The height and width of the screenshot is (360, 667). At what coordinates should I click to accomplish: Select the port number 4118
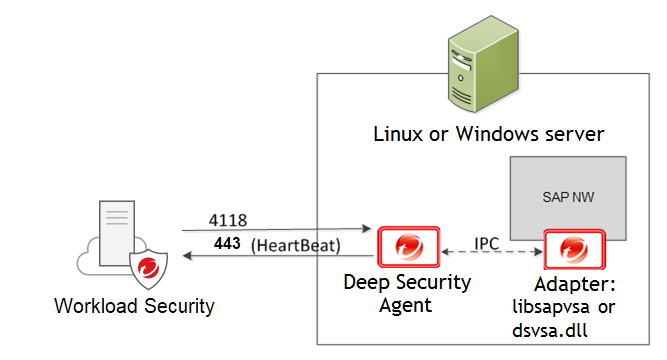click(x=229, y=218)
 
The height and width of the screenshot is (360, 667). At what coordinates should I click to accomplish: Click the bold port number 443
click(x=227, y=243)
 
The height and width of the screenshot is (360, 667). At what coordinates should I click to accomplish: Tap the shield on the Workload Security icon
click(x=148, y=266)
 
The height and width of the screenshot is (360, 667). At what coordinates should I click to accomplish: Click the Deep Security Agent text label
click(x=407, y=293)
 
